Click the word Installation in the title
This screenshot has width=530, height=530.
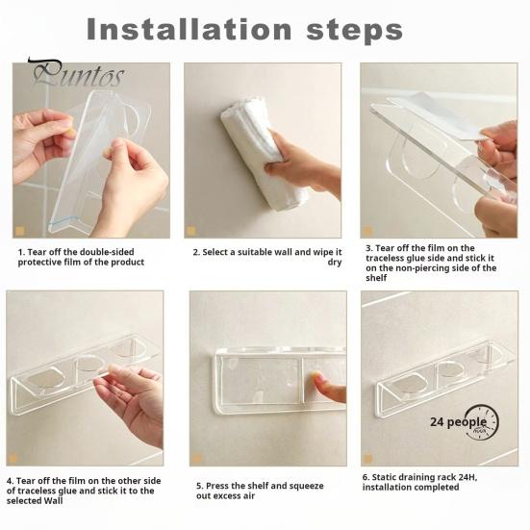click(189, 30)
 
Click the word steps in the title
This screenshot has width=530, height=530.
click(355, 32)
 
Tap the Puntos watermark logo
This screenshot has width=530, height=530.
click(76, 73)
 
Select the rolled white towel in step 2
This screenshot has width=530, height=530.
click(262, 152)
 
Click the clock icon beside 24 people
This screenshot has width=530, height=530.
click(483, 422)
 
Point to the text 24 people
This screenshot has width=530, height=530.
click(459, 422)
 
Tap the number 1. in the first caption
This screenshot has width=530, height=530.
click(21, 252)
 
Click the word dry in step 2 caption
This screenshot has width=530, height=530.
click(335, 263)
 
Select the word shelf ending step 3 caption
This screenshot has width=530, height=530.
click(376, 278)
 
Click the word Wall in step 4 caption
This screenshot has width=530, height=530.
click(54, 500)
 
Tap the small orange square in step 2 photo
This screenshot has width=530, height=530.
click(191, 231)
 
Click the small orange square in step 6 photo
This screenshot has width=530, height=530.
click(368, 459)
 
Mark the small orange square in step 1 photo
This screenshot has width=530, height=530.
click(19, 231)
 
